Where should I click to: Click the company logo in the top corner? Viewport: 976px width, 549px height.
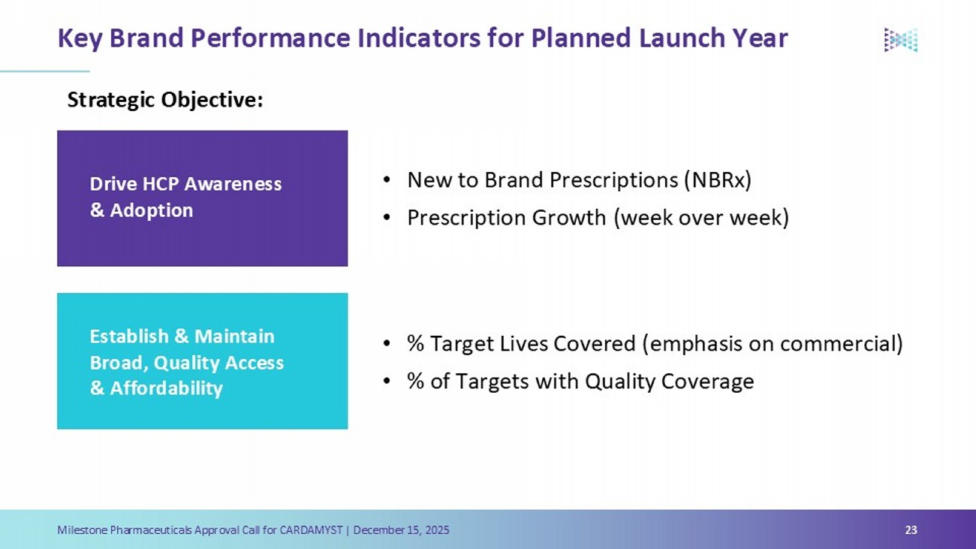point(901,40)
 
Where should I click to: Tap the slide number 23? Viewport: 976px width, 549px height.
point(911,529)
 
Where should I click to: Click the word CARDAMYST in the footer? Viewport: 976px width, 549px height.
point(311,529)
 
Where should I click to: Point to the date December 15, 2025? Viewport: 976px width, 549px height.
point(401,530)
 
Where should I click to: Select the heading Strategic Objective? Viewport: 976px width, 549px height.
point(165,100)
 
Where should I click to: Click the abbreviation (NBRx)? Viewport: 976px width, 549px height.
point(718,180)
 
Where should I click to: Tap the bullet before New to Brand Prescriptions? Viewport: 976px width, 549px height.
point(387,180)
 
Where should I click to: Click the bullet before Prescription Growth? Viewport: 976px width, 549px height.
point(387,217)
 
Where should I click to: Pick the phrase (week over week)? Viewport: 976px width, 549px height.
point(701,217)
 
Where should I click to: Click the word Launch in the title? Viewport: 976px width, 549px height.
point(682,38)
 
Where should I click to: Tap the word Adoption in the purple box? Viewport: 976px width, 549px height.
point(151,210)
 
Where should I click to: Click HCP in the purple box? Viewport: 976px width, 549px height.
point(161,184)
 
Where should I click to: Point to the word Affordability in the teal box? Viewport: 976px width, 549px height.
point(166,388)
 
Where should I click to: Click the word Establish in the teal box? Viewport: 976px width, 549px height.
point(129,336)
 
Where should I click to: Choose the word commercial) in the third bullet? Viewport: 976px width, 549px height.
point(842,343)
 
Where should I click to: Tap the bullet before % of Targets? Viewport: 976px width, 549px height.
point(387,382)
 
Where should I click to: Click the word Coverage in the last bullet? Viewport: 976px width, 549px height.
point(707,382)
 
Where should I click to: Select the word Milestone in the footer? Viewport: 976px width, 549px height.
point(82,529)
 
